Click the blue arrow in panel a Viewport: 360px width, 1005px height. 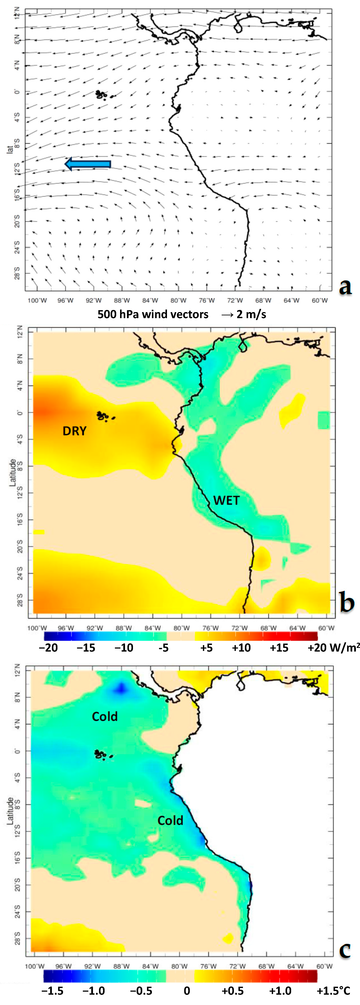(88, 164)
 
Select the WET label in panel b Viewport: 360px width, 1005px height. (226, 500)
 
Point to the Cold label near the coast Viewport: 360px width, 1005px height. (170, 821)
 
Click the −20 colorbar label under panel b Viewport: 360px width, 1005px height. (48, 648)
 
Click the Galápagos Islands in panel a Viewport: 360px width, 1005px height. (102, 94)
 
